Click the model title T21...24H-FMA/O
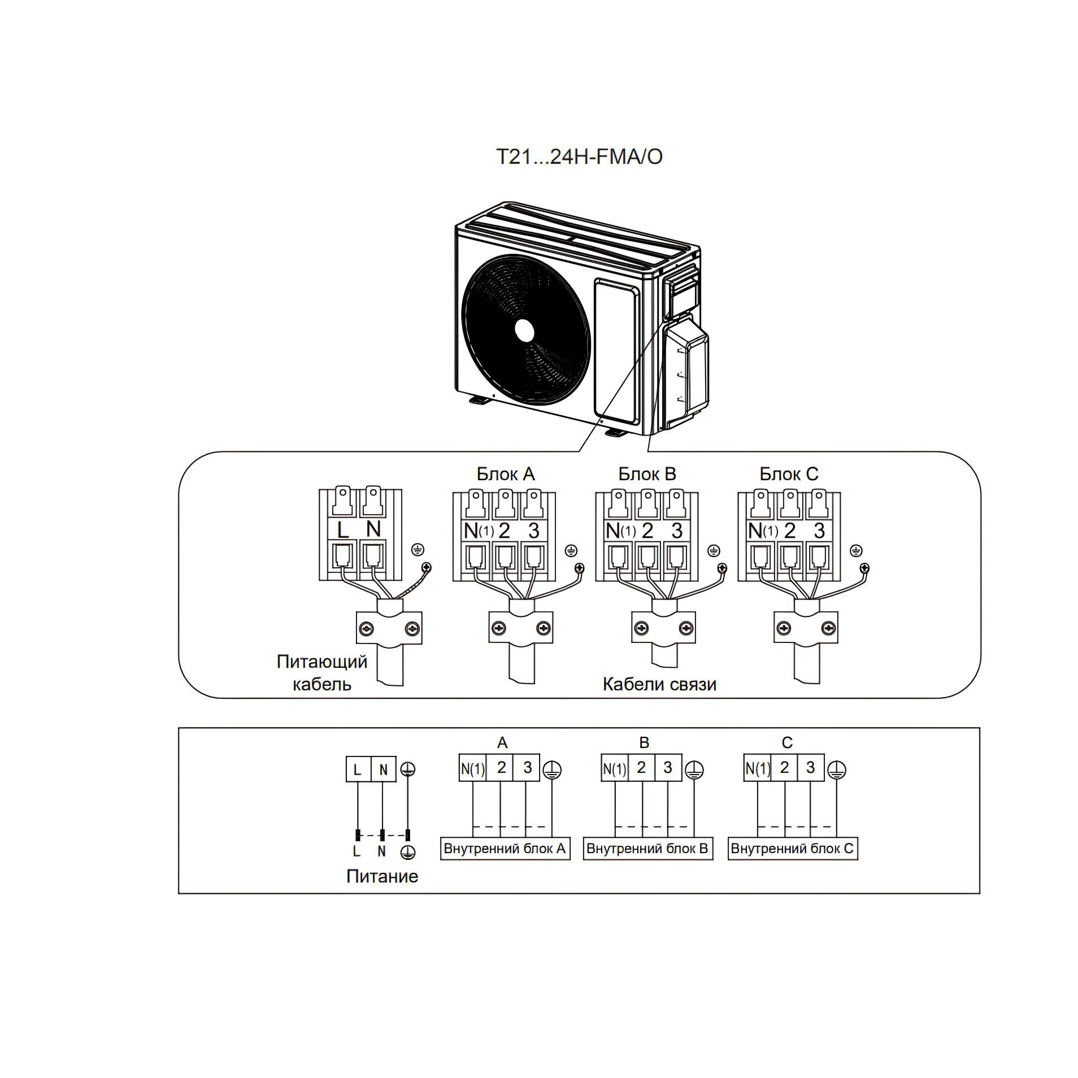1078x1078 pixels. click(579, 157)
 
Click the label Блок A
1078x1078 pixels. click(505, 473)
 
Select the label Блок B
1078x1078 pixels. click(647, 473)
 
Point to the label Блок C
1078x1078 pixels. click(789, 473)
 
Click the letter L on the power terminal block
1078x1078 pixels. click(342, 530)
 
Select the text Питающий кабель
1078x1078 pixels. click(321, 672)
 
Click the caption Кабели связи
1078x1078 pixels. click(659, 684)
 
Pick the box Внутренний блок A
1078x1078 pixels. click(505, 849)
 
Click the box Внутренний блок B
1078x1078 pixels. click(647, 849)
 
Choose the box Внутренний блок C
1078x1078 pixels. click(792, 849)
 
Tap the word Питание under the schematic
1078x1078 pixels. click(382, 876)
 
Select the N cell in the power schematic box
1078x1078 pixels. click(384, 770)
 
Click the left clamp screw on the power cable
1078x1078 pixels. click(365, 628)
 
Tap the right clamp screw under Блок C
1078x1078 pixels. click(828, 628)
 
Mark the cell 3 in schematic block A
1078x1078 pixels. click(527, 768)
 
